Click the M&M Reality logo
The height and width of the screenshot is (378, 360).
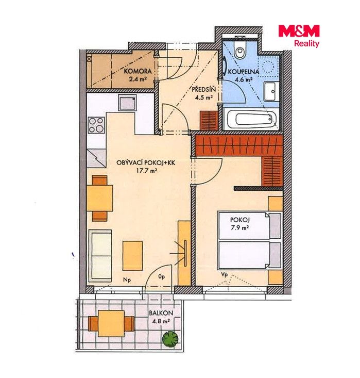click(299, 36)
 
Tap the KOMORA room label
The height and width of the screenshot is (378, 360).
click(138, 71)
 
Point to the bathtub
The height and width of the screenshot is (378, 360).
click(251, 119)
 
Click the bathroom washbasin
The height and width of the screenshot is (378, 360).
click(271, 91)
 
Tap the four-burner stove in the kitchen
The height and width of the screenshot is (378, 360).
click(96, 125)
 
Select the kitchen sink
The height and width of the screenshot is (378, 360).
click(127, 102)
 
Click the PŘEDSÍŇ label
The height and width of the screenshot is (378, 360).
click(203, 89)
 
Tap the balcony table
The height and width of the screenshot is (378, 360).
click(111, 323)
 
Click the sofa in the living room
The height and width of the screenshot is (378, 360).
click(100, 256)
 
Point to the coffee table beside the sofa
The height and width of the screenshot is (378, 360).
click(132, 256)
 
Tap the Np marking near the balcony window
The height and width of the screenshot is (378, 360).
click(127, 280)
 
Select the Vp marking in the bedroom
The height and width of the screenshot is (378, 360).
click(224, 275)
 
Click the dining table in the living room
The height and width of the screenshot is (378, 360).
click(100, 198)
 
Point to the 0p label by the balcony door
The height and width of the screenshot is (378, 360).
click(162, 277)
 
